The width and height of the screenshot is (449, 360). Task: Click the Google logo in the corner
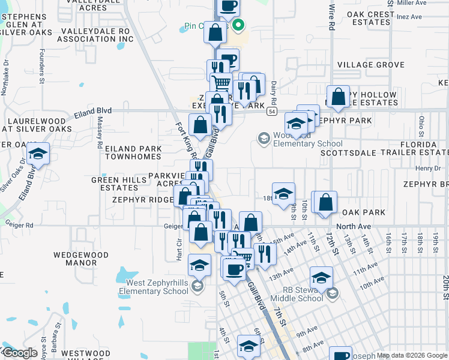point(20,353)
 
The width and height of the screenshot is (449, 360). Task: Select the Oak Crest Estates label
point(364,17)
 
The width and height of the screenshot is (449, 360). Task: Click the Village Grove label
point(370,64)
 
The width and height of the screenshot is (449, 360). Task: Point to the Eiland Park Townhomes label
point(133,152)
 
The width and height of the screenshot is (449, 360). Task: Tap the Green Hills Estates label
point(115,184)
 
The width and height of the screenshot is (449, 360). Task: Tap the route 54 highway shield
point(272,112)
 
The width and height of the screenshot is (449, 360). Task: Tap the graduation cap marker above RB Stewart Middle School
point(321,278)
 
